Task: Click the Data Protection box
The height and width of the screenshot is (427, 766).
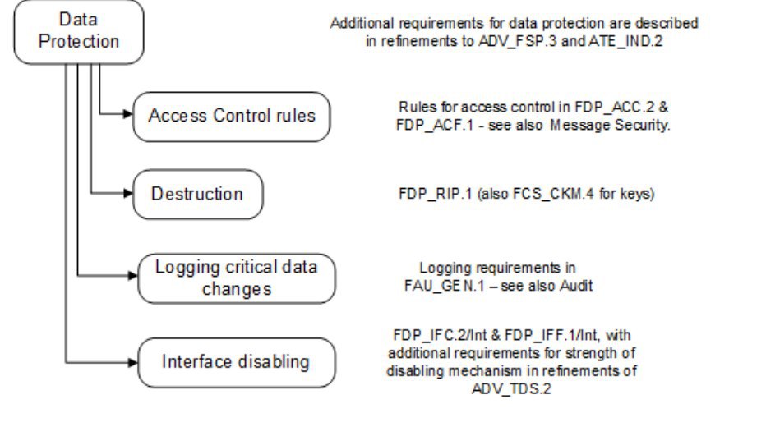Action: pyautogui.click(x=79, y=31)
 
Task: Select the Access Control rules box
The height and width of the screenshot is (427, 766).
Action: pyautogui.click(x=232, y=116)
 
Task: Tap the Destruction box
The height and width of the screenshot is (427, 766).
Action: pyautogui.click(x=197, y=195)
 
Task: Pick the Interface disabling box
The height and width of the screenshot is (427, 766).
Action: pyautogui.click(x=237, y=360)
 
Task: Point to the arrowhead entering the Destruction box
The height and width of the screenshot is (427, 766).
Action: pyautogui.click(x=128, y=195)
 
